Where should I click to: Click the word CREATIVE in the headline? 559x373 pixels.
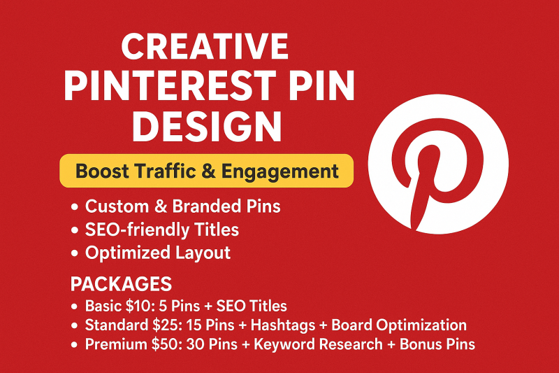coord(205,46)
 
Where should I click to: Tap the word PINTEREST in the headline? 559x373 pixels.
coord(170,86)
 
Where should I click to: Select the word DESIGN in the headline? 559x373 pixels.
coord(207,127)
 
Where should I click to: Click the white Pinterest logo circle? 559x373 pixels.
coord(438,164)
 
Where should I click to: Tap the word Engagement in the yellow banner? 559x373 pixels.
coord(280,171)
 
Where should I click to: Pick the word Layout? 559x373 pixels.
coord(203,253)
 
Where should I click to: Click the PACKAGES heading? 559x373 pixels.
coord(121,284)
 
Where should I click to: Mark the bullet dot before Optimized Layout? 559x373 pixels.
coord(74,253)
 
